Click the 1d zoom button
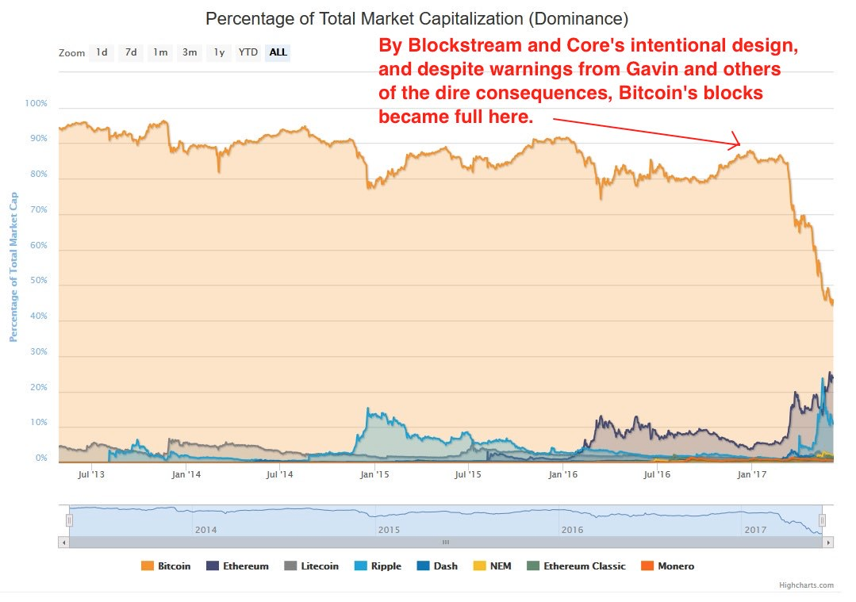[x=102, y=52]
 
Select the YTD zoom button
[x=248, y=52]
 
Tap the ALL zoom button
[x=278, y=52]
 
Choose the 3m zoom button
[x=190, y=52]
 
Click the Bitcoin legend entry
[x=166, y=566]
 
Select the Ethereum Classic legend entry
[x=576, y=566]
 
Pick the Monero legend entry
[x=668, y=566]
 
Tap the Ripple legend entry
[x=378, y=566]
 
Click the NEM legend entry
[x=493, y=566]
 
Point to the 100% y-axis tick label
[x=36, y=104]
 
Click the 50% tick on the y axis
[x=39, y=281]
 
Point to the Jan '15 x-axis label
[x=374, y=475]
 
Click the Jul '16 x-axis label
[x=658, y=475]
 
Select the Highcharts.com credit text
[x=805, y=585]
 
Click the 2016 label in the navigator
[x=571, y=529]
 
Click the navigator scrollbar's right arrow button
[x=828, y=543]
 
